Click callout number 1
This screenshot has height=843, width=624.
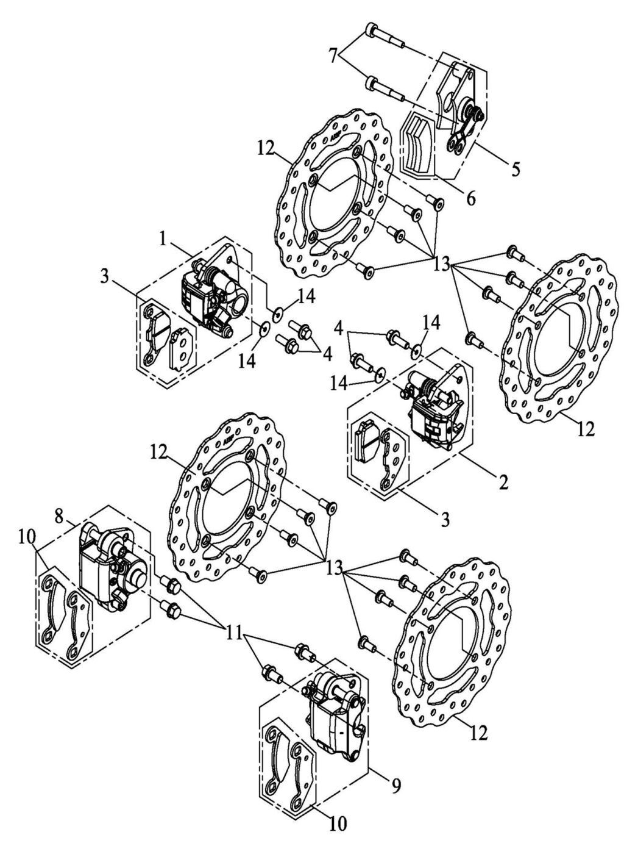click(x=163, y=240)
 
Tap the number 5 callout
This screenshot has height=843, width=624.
click(x=516, y=170)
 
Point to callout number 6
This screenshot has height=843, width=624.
click(x=470, y=199)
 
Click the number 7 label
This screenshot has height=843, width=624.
click(x=333, y=56)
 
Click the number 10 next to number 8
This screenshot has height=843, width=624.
click(x=27, y=537)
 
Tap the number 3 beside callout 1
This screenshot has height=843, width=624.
click(x=105, y=277)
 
